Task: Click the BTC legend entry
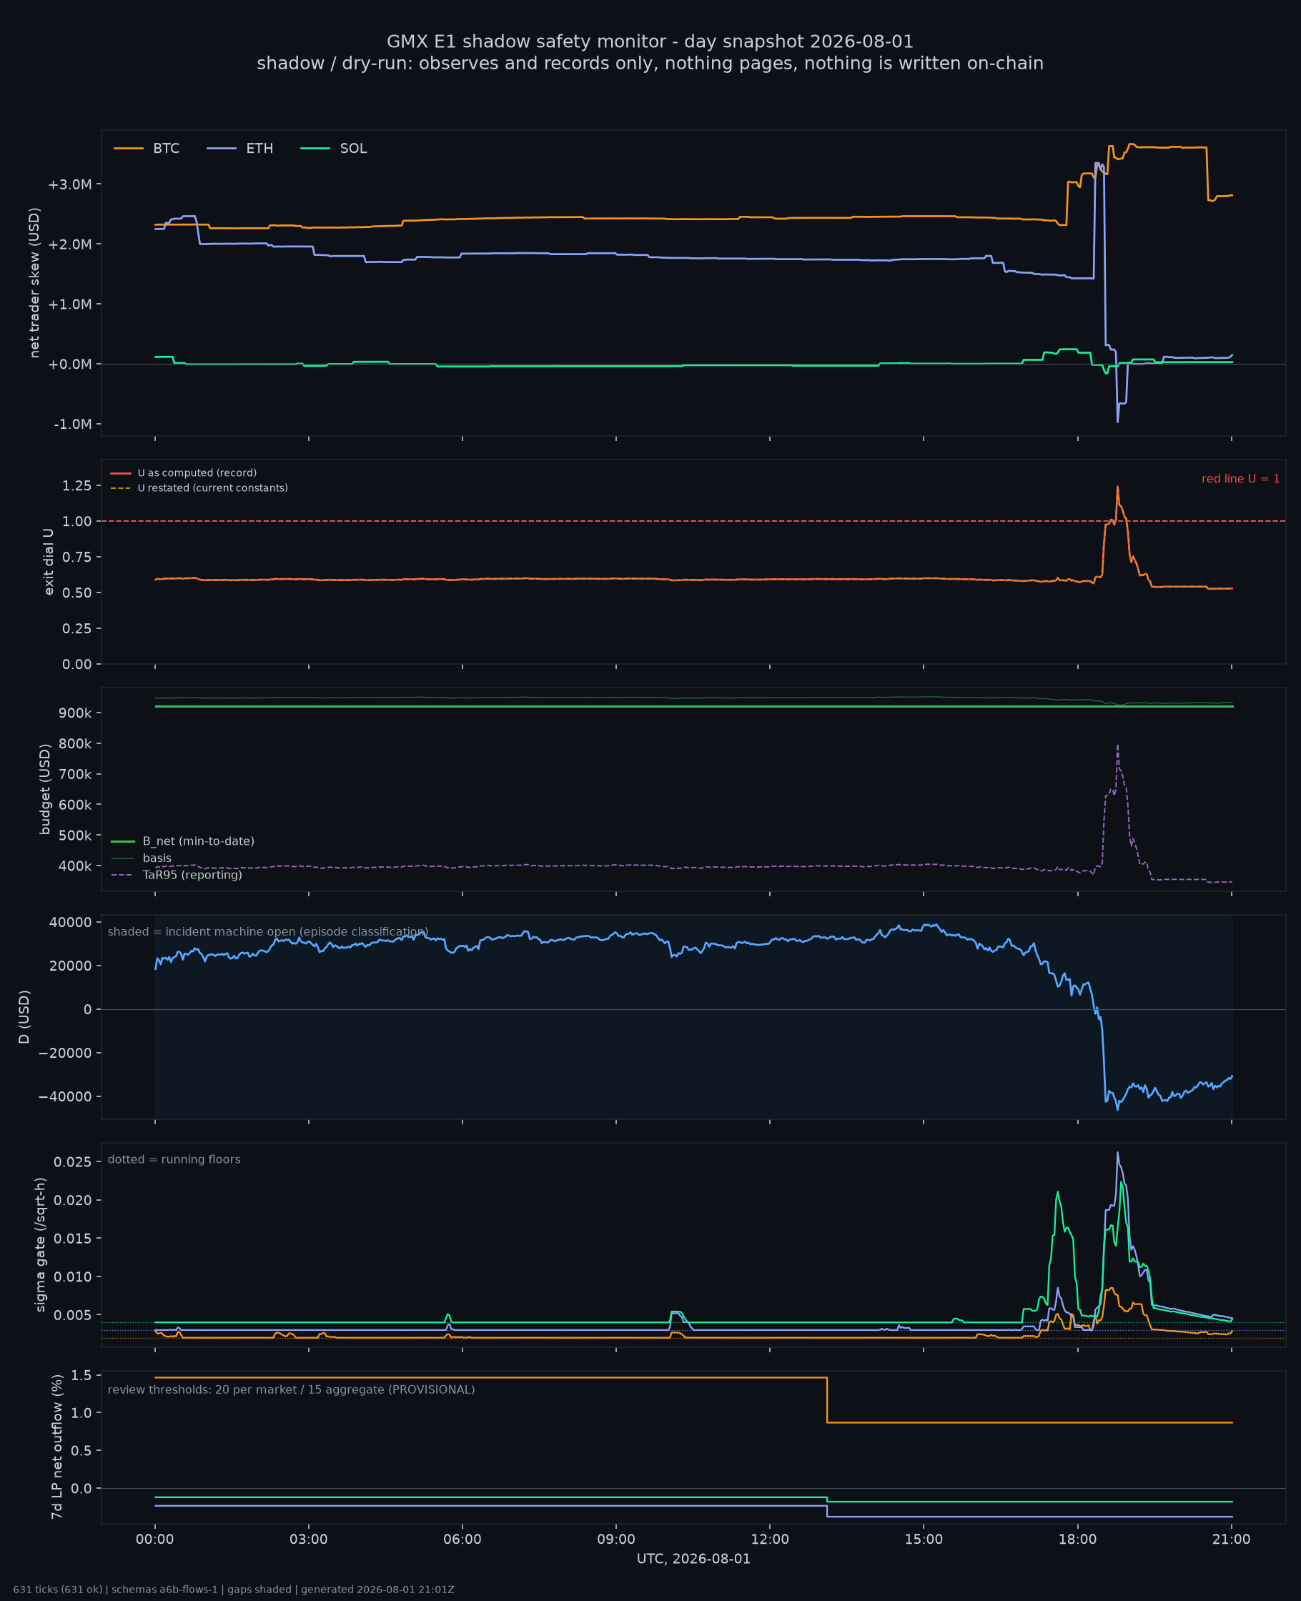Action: (147, 149)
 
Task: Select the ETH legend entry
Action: (239, 149)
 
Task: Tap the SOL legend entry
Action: (334, 149)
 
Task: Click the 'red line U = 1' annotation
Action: (1240, 479)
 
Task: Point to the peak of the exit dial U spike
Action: (1117, 486)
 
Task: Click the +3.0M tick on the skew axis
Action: (70, 184)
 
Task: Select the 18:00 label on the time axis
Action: (1077, 1539)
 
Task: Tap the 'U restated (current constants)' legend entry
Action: (199, 487)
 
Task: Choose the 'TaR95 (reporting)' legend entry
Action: (177, 875)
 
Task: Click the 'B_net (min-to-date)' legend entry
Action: (183, 841)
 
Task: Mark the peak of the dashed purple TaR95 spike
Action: (1117, 745)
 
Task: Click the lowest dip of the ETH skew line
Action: (1117, 422)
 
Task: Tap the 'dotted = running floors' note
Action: (174, 1159)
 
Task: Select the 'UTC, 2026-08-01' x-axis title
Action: (693, 1558)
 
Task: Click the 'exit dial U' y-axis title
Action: (49, 562)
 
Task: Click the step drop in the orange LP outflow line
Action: (826, 1399)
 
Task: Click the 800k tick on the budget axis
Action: (75, 744)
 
